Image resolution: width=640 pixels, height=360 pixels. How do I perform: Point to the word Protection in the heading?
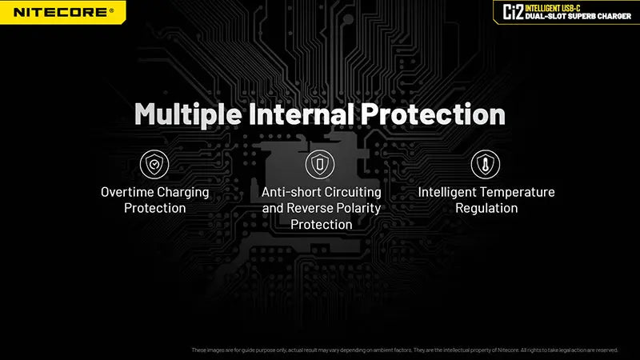[x=433, y=114]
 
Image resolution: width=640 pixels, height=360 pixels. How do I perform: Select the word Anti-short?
[x=290, y=192]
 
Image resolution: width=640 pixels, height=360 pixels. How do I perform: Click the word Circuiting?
[x=353, y=193]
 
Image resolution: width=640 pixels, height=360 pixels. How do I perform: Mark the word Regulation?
[x=486, y=209]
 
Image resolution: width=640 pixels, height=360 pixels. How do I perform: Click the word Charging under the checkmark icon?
[x=183, y=193]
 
